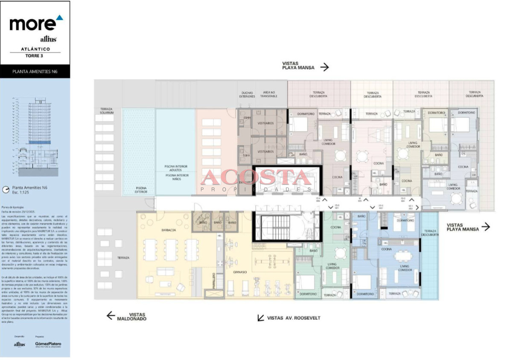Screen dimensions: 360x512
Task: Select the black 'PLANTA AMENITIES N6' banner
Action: click(x=35, y=72)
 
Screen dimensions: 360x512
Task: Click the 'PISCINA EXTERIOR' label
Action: click(x=141, y=189)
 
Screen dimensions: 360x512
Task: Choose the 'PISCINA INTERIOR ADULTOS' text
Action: click(x=176, y=168)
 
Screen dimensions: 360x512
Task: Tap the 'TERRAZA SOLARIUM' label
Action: click(x=107, y=111)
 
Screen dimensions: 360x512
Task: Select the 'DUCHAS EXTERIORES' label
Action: click(x=247, y=94)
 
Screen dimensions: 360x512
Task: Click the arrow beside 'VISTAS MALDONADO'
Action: click(x=111, y=315)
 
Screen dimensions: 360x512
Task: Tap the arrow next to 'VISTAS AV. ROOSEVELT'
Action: click(x=260, y=318)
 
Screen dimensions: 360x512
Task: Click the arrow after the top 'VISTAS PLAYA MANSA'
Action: click(x=325, y=67)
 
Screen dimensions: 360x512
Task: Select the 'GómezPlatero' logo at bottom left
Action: click(x=48, y=344)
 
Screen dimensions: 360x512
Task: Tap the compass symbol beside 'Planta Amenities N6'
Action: click(x=6, y=189)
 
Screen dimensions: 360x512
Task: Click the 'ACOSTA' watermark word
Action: click(x=256, y=177)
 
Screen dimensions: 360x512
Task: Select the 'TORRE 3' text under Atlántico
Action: click(x=35, y=56)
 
